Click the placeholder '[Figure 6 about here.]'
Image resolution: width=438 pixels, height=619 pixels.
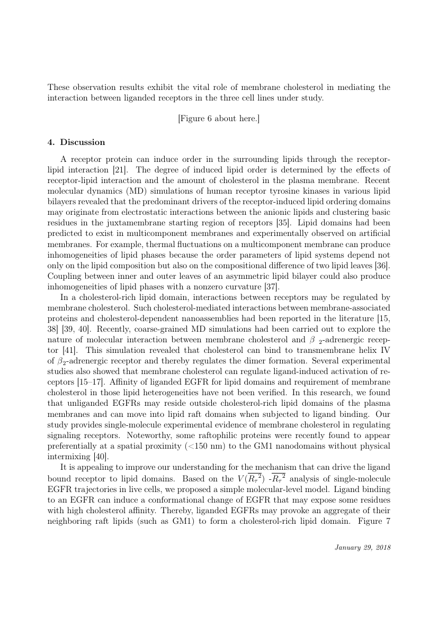(x=219, y=119)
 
